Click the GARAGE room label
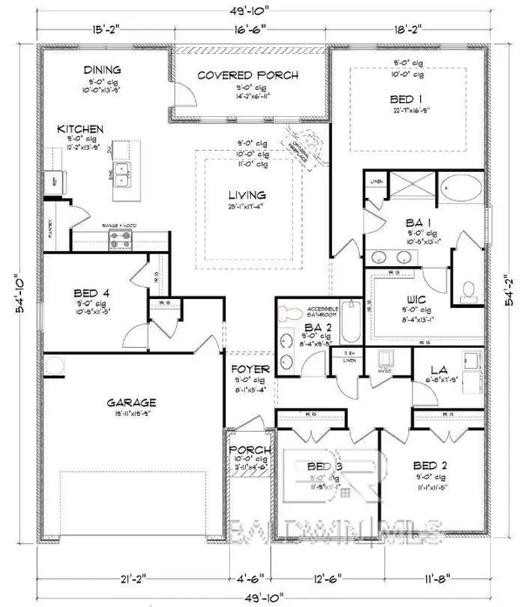[132, 402]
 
